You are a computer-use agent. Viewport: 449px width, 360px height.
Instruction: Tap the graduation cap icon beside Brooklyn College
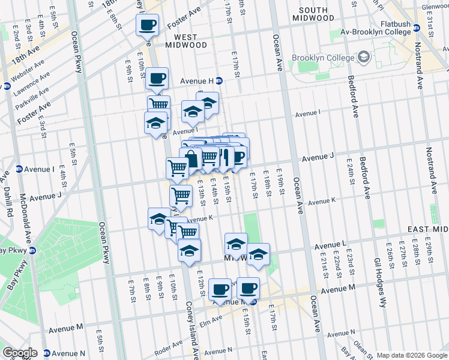coord(363,57)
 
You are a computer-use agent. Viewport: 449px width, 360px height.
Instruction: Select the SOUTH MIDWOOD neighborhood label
coord(313,14)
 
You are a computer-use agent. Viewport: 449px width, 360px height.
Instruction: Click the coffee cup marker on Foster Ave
coord(147,26)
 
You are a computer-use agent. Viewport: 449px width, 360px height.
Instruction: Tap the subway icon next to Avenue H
coord(219,80)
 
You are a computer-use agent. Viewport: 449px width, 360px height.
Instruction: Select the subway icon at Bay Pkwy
coord(33,250)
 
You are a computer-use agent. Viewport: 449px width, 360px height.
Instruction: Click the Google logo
coord(19,353)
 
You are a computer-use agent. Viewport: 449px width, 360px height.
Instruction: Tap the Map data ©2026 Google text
coord(411,355)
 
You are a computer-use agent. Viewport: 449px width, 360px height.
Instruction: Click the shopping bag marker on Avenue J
coord(191,159)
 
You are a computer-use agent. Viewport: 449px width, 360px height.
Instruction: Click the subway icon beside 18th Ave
coord(7,86)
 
